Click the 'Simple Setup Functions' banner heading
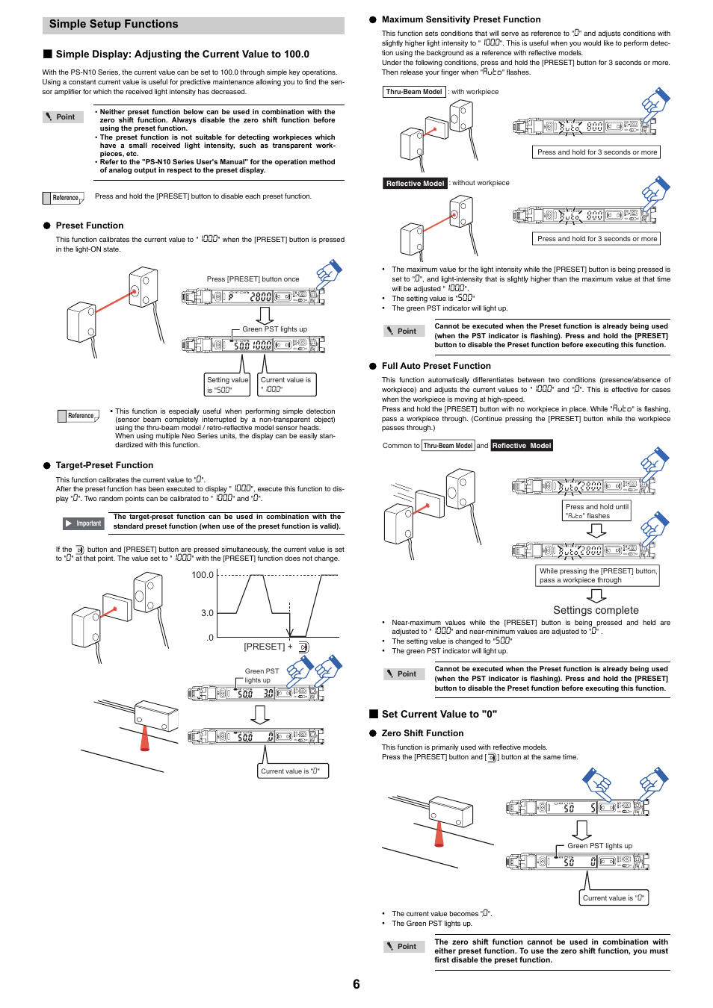(114, 25)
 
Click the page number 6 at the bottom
(356, 984)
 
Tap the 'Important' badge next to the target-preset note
(83, 523)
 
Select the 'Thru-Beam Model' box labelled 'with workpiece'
(414, 92)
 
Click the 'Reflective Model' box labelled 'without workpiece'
(415, 183)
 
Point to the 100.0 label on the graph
(203, 575)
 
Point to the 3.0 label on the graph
(207, 613)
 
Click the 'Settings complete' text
(596, 610)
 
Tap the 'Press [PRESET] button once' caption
(253, 279)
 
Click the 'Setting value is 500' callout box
(227, 385)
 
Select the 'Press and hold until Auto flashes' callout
(596, 511)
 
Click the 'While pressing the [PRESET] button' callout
(598, 575)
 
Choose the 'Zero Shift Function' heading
(422, 733)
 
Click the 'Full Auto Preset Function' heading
(436, 366)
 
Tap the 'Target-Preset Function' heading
(104, 465)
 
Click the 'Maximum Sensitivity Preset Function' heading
(460, 19)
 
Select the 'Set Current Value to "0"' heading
(439, 715)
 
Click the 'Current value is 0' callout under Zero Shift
(614, 897)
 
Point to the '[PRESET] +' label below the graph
(265, 647)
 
